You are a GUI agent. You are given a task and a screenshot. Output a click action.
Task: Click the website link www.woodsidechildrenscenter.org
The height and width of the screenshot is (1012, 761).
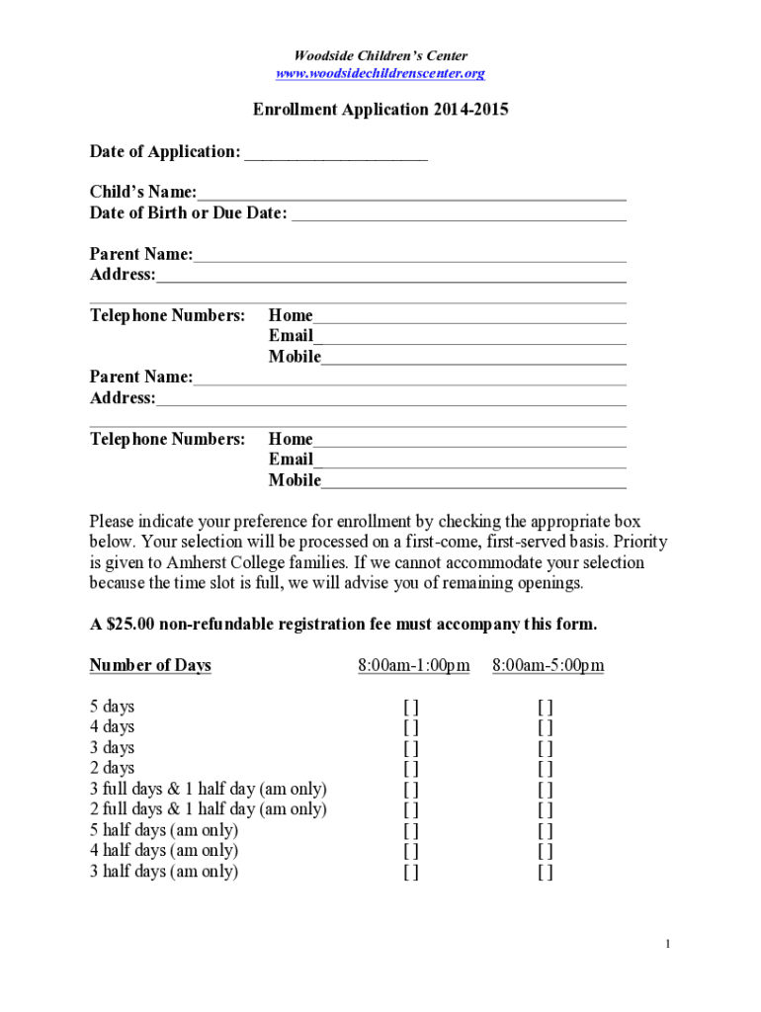coord(380,74)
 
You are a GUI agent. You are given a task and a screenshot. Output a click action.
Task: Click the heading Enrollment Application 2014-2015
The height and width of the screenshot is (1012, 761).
coord(380,110)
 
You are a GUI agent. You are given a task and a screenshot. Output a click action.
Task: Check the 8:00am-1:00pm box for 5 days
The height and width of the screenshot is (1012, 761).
coord(410,708)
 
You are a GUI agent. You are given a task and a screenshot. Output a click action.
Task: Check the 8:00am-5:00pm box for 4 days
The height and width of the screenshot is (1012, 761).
coord(545,728)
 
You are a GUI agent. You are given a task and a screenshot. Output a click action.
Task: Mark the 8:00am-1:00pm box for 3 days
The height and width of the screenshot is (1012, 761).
coord(410,749)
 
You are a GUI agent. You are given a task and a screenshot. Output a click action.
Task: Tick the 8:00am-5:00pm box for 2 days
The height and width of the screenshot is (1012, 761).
coord(545,769)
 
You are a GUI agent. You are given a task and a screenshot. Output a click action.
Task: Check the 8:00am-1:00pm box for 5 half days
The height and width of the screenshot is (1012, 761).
coord(410,831)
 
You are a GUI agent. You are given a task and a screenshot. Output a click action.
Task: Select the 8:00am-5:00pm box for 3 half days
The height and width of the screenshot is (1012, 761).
coord(545,872)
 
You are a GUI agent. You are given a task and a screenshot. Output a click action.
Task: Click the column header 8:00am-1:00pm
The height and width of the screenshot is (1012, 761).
coord(413,666)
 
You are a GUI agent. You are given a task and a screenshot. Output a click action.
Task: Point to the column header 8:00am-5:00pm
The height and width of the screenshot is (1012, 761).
coord(548,666)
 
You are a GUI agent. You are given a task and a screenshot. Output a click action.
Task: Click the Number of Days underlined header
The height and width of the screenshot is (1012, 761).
coord(150,666)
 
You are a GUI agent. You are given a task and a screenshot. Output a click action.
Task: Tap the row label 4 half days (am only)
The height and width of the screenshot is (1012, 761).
coord(164,851)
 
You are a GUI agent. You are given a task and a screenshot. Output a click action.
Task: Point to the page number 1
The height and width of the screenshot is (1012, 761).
coord(668,945)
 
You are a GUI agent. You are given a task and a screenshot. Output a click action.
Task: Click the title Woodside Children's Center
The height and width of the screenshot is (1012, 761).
coord(380,56)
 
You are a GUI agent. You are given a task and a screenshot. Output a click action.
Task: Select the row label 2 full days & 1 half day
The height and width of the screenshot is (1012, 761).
coord(208,809)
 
